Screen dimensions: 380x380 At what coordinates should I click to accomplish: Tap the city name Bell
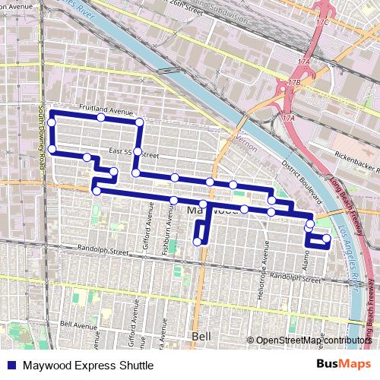(x=201, y=335)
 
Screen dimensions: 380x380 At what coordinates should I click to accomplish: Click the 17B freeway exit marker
(x=295, y=81)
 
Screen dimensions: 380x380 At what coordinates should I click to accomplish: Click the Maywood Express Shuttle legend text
(x=87, y=366)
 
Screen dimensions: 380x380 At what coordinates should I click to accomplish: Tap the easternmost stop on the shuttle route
(x=327, y=239)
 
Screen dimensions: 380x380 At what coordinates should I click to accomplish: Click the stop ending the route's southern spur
(x=198, y=242)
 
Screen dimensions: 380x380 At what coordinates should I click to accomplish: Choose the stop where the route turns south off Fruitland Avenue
(x=139, y=122)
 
